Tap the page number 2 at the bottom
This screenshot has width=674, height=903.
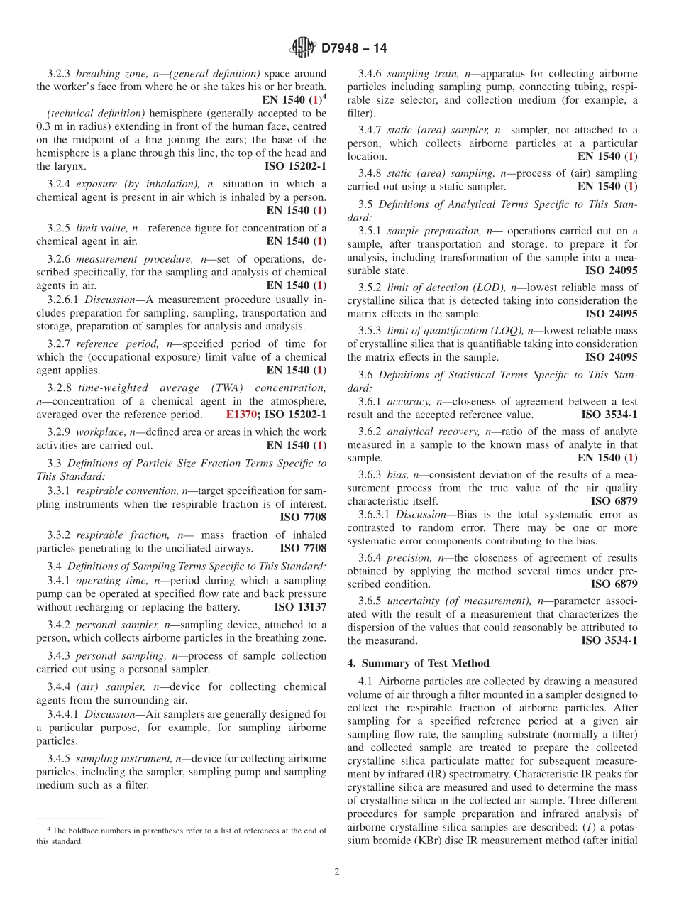337,872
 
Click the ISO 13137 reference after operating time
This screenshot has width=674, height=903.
300,607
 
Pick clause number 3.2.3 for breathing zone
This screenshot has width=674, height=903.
59,73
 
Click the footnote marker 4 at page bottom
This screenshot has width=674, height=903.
49,829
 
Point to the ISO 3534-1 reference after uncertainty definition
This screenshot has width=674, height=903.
609,640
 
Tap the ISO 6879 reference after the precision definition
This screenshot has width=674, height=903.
614,584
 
